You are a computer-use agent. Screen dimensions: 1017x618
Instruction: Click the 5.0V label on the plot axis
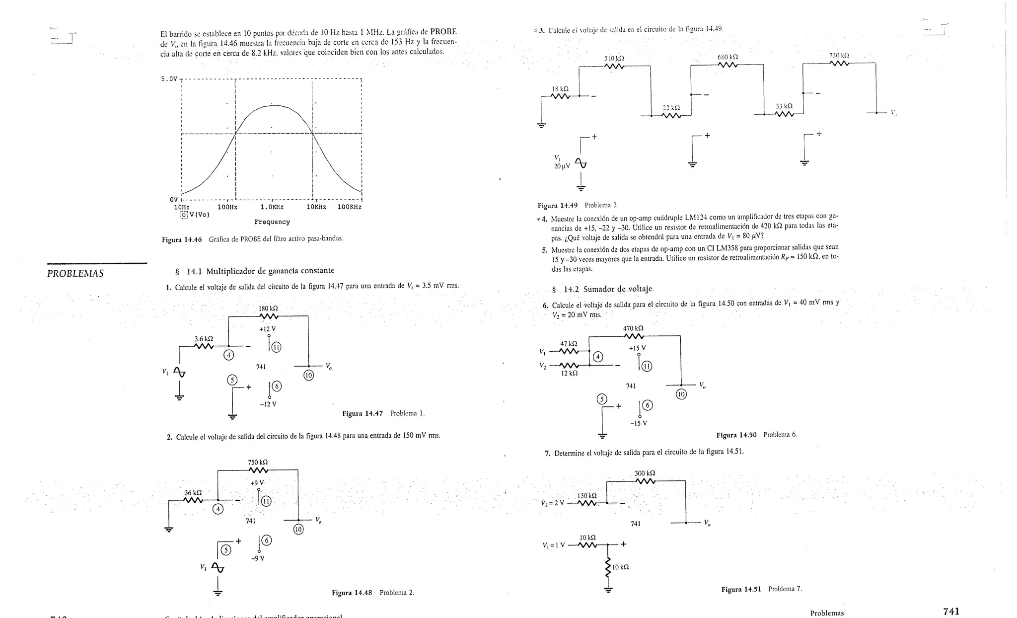tap(169, 79)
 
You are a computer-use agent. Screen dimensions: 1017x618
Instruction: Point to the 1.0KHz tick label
tap(272, 207)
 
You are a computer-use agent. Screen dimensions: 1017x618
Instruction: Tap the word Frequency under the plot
tap(272, 222)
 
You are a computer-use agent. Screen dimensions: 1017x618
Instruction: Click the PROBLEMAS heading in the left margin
tap(75, 274)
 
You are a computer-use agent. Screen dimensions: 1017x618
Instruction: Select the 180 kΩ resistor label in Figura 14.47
tap(268, 309)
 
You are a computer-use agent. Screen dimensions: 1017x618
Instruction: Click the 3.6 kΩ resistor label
tap(204, 339)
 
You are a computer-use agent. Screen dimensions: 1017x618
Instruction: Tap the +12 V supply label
tap(267, 329)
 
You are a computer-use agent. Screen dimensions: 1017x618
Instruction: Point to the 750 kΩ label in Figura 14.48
tap(258, 463)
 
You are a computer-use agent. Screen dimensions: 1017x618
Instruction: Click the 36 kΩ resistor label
tap(193, 493)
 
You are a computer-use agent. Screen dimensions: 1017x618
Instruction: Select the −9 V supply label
tap(258, 558)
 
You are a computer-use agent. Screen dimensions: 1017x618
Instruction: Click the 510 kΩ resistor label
tap(614, 58)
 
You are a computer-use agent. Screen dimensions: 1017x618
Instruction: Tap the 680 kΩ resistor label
tap(727, 57)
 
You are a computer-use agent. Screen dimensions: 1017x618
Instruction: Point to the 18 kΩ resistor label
tap(560, 89)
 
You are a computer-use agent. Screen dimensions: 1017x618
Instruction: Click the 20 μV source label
tap(562, 166)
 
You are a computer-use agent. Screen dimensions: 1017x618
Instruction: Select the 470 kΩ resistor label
tap(633, 328)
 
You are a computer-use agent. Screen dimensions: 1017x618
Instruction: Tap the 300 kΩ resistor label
tap(645, 473)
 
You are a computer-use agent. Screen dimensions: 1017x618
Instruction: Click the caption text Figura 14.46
tap(182, 239)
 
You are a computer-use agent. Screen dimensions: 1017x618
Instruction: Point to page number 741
tap(951, 612)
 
